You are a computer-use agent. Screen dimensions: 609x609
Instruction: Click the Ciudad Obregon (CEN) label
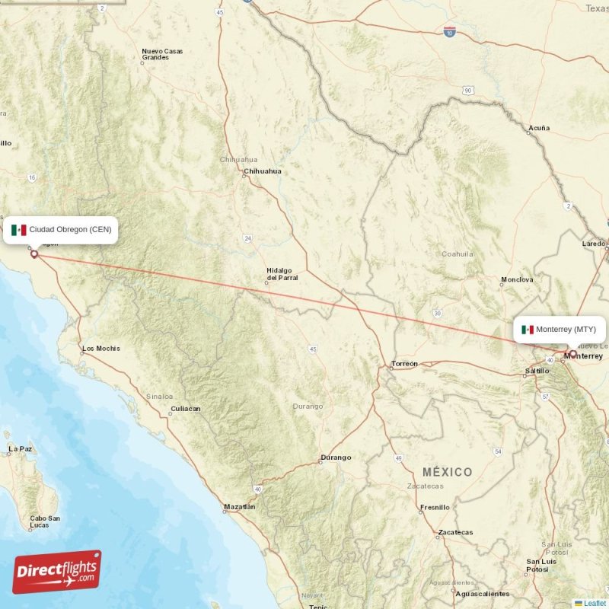pyautogui.click(x=70, y=230)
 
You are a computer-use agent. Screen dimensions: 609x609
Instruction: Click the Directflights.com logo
pyautogui.click(x=57, y=572)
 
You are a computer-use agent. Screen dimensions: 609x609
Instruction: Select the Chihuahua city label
pyautogui.click(x=263, y=171)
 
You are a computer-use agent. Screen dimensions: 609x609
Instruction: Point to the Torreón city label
pyautogui.click(x=404, y=364)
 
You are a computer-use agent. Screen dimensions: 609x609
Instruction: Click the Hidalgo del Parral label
pyautogui.click(x=282, y=274)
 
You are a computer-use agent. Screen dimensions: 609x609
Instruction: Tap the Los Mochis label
pyautogui.click(x=101, y=349)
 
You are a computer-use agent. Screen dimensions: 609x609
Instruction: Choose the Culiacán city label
pyautogui.click(x=186, y=409)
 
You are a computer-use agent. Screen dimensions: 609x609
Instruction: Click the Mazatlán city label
pyautogui.click(x=240, y=506)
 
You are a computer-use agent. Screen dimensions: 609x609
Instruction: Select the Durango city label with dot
pyautogui.click(x=336, y=458)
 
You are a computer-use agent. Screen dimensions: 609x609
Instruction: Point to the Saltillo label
pyautogui.click(x=537, y=371)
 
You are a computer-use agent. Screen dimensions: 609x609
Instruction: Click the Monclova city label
pyautogui.click(x=517, y=280)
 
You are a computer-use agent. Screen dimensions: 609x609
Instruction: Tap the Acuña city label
pyautogui.click(x=539, y=128)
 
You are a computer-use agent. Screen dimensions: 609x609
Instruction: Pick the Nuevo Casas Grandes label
pyautogui.click(x=162, y=54)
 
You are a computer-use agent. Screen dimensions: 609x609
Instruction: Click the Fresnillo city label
pyautogui.click(x=435, y=507)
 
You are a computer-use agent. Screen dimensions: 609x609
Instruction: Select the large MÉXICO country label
pyautogui.click(x=448, y=472)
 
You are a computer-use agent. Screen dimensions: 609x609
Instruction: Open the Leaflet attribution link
pyautogui.click(x=595, y=603)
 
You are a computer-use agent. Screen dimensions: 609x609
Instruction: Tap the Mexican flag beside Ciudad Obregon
pyautogui.click(x=19, y=230)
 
